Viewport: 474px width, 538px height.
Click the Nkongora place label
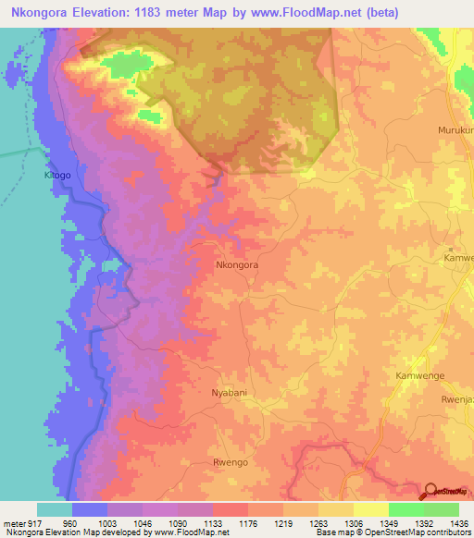pos(236,264)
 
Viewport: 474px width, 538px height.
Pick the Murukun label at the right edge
pos(455,130)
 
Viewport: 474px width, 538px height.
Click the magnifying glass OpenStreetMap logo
pos(432,491)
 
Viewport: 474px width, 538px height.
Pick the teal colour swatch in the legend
pos(55,509)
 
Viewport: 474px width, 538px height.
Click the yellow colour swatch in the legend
pos(370,509)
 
